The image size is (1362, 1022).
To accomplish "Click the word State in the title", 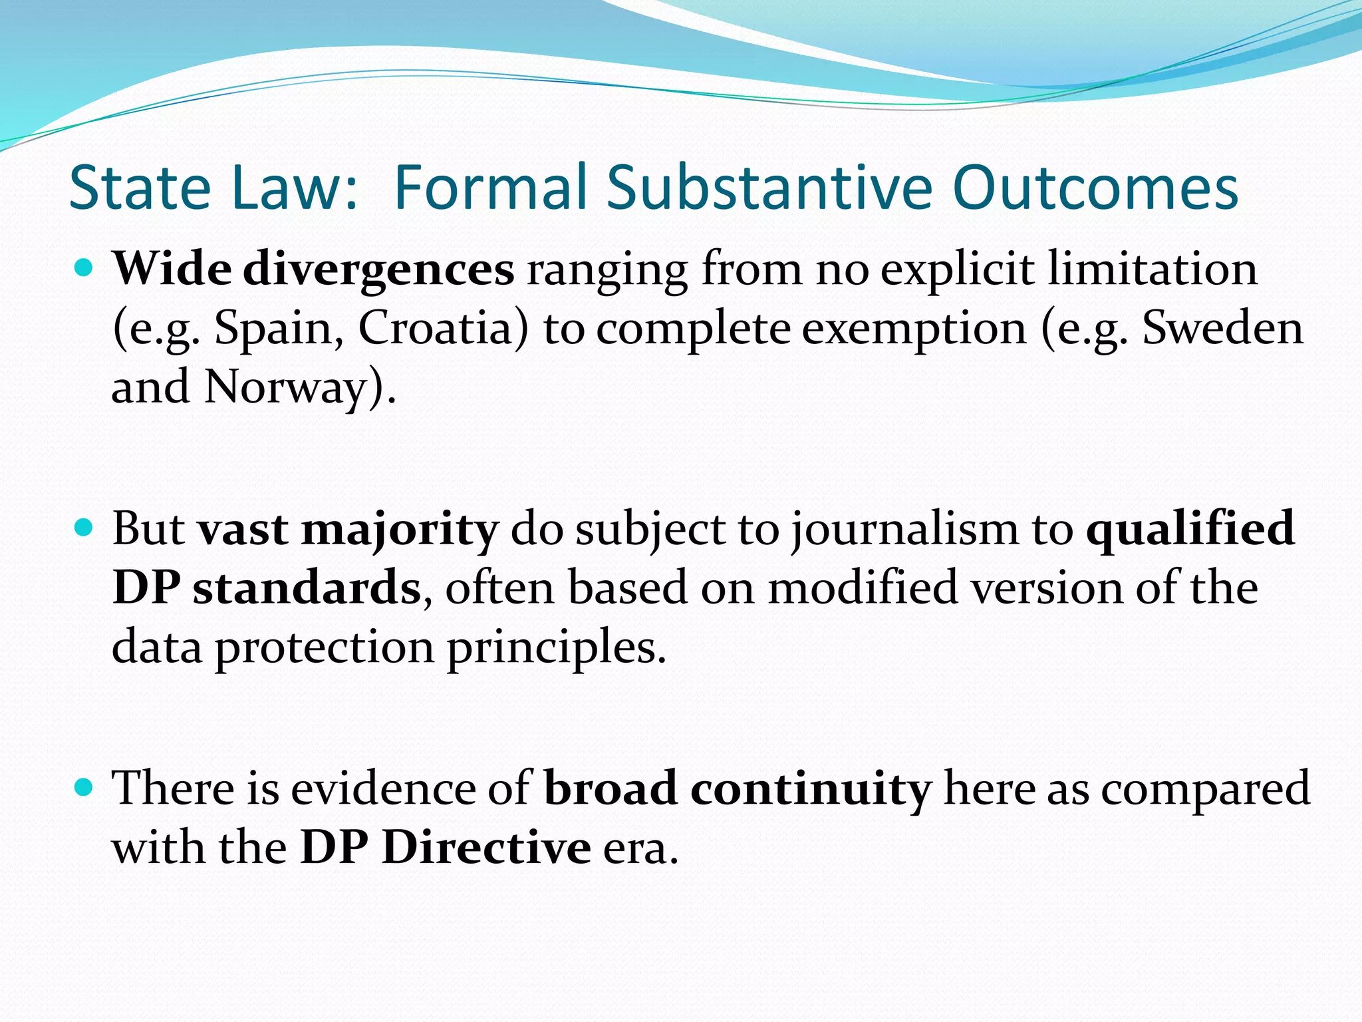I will pos(140,188).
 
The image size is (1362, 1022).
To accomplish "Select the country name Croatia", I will pos(443,328).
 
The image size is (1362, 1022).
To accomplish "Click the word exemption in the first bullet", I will pos(914,329).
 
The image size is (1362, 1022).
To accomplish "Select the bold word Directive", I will pos(486,848).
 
